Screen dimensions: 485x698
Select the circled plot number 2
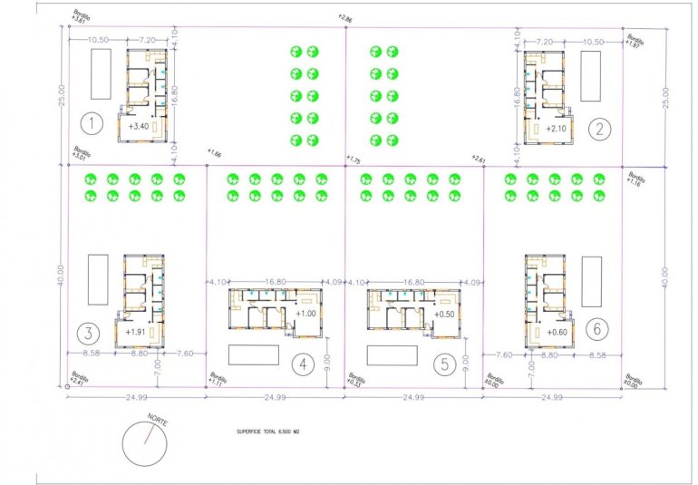pos(599,128)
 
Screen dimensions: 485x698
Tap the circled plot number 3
pos(87,331)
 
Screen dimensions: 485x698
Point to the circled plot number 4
pos(302,365)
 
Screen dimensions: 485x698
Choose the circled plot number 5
pos(443,365)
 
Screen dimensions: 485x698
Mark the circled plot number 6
pos(595,327)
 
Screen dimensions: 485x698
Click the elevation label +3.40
pos(139,126)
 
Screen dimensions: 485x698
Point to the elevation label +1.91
pos(137,332)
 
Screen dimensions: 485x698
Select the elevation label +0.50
pos(445,314)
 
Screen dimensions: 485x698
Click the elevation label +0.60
pos(557,332)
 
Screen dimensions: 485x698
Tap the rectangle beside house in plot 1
pos(101,74)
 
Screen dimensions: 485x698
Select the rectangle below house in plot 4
pos(254,354)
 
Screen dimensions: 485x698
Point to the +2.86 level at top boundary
pos(344,17)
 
